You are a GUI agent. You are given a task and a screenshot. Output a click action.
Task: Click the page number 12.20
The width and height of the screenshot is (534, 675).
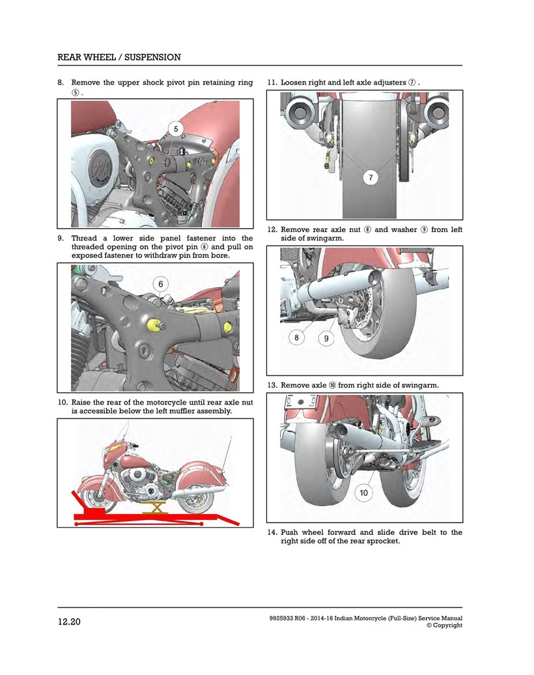(x=69, y=622)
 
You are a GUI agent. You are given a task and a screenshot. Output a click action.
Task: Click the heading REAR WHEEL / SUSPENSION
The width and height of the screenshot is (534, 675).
(x=119, y=57)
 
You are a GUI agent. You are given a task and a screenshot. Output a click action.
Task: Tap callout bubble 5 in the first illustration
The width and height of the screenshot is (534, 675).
(x=176, y=128)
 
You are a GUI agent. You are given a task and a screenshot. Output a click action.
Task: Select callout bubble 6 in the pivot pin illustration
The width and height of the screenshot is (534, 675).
(x=160, y=284)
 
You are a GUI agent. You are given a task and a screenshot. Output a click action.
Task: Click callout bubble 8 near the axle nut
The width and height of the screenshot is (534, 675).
(x=297, y=337)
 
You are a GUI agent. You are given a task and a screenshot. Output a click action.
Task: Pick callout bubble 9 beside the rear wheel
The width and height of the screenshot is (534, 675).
(x=326, y=337)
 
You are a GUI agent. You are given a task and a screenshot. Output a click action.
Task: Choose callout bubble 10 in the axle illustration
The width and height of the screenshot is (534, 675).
(x=363, y=493)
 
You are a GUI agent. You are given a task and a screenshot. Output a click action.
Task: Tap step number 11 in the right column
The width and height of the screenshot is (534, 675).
(x=273, y=83)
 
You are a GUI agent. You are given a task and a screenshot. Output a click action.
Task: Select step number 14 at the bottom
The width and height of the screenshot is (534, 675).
(x=273, y=532)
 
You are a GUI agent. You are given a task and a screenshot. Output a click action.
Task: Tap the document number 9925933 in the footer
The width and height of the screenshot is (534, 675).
(x=283, y=618)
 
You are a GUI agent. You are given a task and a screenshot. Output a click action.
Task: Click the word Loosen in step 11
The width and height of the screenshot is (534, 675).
(x=294, y=83)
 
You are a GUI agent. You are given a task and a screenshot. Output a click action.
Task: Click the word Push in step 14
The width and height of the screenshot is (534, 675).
(x=290, y=532)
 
